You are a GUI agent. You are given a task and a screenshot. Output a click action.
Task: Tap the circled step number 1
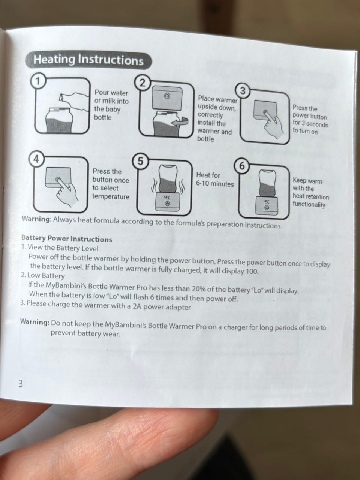37,81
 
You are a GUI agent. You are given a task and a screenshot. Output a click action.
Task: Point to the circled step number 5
140,162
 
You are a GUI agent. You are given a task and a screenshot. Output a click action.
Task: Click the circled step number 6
241,166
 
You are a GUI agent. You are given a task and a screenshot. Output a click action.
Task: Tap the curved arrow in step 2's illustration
180,121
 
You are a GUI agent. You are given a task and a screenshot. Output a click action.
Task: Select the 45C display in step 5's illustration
167,198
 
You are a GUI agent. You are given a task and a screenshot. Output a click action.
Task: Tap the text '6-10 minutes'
215,184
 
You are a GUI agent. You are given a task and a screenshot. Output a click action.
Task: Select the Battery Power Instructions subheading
67,238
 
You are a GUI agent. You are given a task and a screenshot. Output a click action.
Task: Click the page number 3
20,390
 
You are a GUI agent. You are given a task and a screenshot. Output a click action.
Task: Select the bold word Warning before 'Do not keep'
35,322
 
